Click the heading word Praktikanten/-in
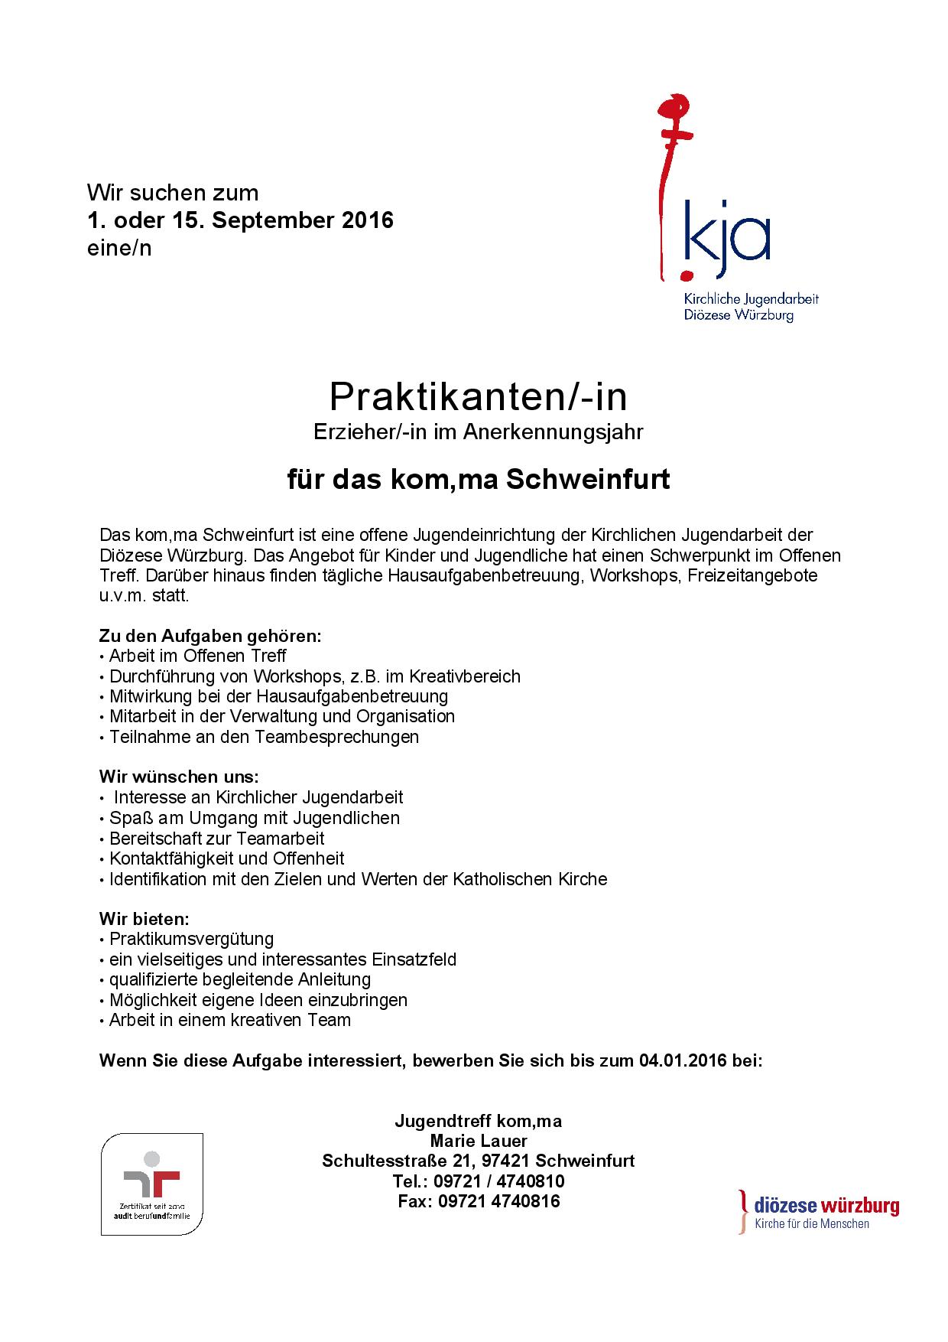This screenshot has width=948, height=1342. pos(478,396)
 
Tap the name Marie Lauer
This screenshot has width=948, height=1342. pos(478,1142)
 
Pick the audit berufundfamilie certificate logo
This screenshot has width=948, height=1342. pos(152,1184)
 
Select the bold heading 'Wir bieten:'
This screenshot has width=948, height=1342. pos(144,918)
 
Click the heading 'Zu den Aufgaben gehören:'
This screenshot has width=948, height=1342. pos(210,636)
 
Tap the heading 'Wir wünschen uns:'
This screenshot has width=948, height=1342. pos(179,777)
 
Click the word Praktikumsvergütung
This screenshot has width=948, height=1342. pos(191,939)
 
